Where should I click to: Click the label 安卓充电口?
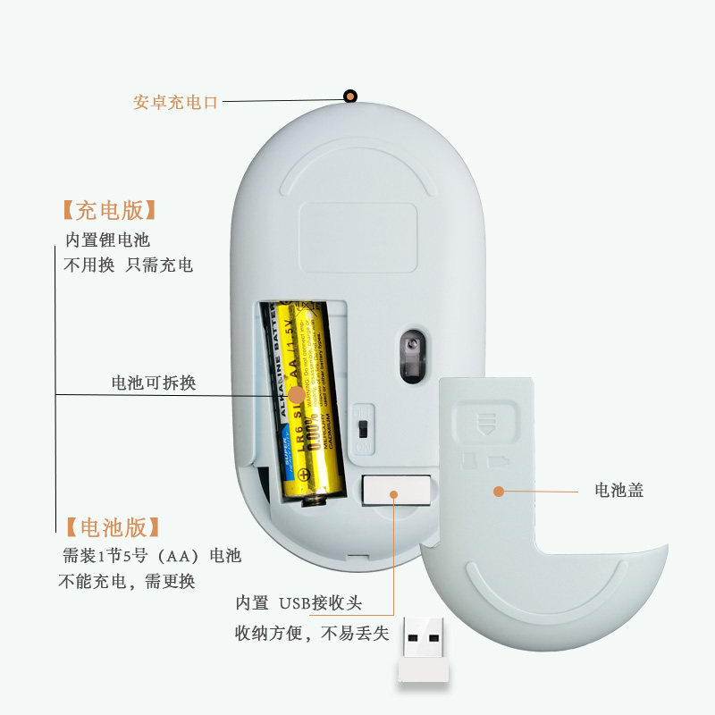[175, 102]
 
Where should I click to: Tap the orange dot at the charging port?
[350, 97]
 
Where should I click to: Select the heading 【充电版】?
[109, 211]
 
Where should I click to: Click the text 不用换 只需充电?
[128, 265]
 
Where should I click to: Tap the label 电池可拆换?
[153, 383]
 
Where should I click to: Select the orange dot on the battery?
[296, 394]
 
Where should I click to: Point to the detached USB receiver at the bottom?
[425, 651]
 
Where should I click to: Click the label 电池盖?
[619, 490]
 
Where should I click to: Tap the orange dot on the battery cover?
[499, 491]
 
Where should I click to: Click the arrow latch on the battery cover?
[488, 421]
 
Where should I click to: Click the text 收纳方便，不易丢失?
[312, 634]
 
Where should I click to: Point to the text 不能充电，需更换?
[127, 582]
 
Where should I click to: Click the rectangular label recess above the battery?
[357, 236]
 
